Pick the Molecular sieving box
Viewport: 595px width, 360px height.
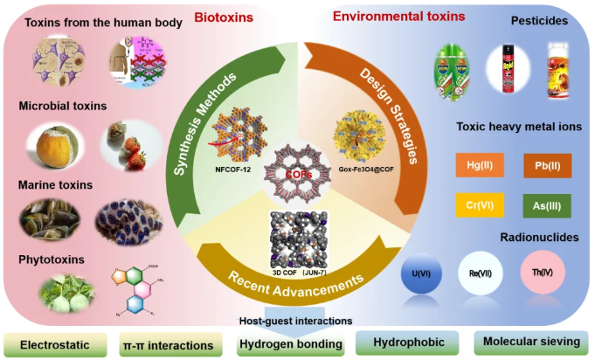click(x=528, y=343)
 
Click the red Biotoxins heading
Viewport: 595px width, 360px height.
click(x=223, y=16)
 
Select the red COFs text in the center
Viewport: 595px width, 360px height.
click(x=299, y=173)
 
